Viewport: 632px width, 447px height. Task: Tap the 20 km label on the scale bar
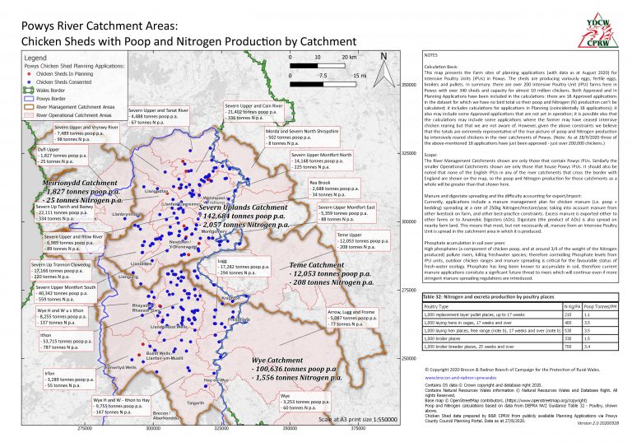point(349,58)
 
